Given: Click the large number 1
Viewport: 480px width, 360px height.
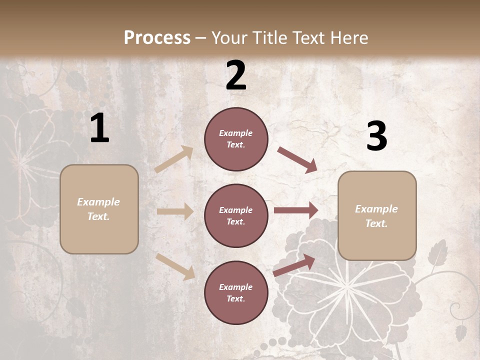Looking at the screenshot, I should (99, 128).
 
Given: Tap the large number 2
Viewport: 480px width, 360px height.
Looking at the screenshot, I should (236, 75).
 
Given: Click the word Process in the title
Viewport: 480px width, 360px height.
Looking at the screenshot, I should (157, 38).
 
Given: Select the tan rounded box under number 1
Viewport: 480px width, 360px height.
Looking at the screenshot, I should (99, 209).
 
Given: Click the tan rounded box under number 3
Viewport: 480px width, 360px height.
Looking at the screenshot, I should (377, 215).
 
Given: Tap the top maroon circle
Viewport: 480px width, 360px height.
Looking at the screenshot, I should (236, 139).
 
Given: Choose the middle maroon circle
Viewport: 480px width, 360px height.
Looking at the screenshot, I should (236, 215).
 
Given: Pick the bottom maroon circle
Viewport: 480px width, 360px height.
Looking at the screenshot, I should (236, 292).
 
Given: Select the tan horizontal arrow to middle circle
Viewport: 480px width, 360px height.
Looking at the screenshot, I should (175, 211).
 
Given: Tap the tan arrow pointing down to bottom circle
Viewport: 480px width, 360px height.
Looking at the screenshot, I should (175, 266).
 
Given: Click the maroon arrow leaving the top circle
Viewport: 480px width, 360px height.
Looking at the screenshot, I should (297, 160).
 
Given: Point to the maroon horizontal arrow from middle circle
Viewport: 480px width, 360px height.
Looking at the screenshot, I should (296, 210).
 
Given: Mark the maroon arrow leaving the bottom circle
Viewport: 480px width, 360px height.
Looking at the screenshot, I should (294, 265).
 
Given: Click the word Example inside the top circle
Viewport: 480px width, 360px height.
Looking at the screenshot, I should (235, 133).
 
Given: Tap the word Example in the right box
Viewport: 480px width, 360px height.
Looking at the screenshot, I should (376, 209).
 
